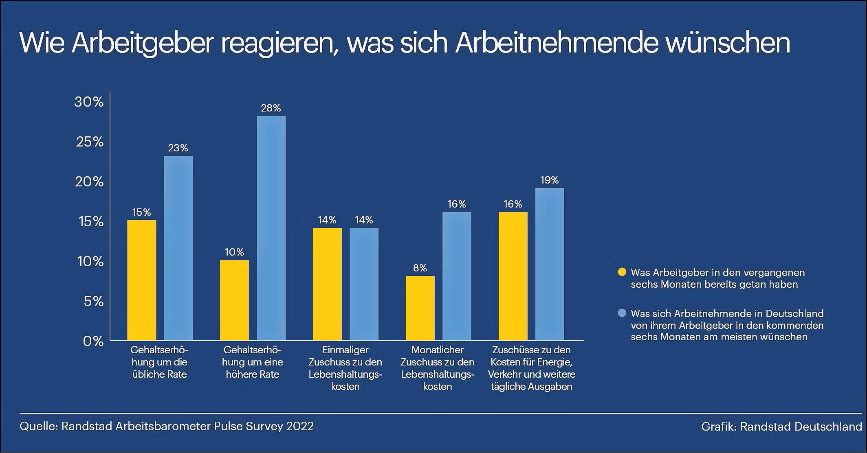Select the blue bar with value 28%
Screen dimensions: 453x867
point(271,228)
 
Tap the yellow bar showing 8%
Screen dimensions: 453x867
point(420,308)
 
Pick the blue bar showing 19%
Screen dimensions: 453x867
point(550,264)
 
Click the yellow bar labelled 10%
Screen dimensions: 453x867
point(234,300)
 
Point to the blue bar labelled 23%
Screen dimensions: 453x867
point(178,248)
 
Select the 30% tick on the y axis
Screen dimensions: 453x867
point(89,102)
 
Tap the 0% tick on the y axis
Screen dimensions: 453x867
point(93,341)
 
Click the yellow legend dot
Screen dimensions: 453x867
point(622,272)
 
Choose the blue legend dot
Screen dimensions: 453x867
point(622,313)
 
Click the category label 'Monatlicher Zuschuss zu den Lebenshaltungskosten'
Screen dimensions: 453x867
point(438,368)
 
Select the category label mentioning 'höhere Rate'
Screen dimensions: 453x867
point(253,362)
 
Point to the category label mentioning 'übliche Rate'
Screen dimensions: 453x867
point(159,362)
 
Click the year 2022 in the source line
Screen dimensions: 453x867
point(300,426)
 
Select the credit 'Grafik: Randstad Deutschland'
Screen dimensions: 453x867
point(781,426)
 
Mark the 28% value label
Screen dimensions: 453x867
point(271,108)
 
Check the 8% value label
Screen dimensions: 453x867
point(420,268)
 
